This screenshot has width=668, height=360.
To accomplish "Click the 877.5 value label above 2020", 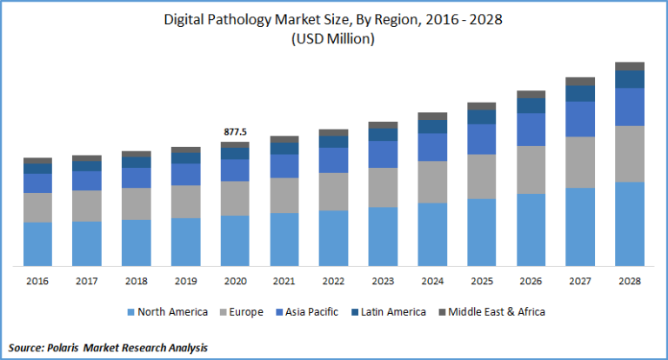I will [x=235, y=132].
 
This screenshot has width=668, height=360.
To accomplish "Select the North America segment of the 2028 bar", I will [x=630, y=223].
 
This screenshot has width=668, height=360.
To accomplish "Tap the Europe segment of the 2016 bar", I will [x=37, y=207].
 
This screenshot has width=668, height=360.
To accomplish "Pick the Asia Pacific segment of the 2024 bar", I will [x=432, y=147].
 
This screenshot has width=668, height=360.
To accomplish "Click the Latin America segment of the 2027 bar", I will [x=580, y=93].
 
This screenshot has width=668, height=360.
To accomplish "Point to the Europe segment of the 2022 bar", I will [x=334, y=191].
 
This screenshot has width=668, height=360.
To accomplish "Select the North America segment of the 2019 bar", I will [x=185, y=242].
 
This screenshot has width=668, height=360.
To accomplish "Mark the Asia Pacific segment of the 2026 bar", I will [x=531, y=129].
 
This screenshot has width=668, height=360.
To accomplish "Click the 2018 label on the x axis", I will [x=136, y=281].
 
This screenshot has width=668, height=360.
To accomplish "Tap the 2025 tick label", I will [x=481, y=281].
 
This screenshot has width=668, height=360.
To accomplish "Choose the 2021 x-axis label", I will [x=284, y=281].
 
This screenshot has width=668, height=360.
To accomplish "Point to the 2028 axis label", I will [x=630, y=281].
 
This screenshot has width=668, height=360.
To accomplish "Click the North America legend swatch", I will [x=131, y=311].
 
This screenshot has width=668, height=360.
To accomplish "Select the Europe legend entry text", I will [x=248, y=311].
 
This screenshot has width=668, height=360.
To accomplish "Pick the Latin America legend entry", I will [x=396, y=311].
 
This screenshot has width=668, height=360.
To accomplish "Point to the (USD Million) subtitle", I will [x=334, y=38].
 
